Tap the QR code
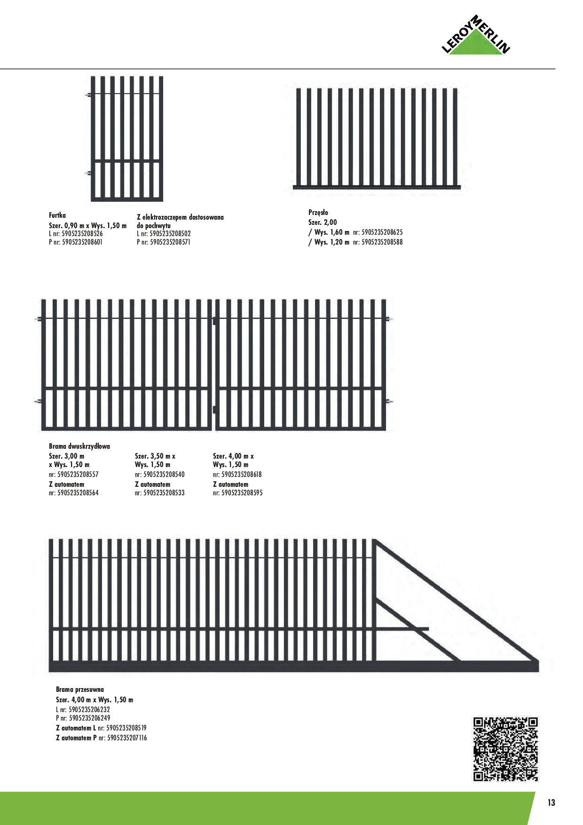click(x=505, y=749)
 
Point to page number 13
click(x=551, y=802)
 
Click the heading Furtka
click(x=57, y=215)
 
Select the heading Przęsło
click(x=318, y=213)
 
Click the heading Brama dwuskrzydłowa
click(x=79, y=446)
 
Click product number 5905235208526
click(x=82, y=234)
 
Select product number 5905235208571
click(x=170, y=242)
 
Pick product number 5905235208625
click(x=382, y=232)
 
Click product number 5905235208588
click(x=382, y=242)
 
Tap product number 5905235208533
click(x=164, y=493)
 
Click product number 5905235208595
click(x=242, y=493)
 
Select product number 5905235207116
click(x=127, y=738)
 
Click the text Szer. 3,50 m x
click(x=155, y=456)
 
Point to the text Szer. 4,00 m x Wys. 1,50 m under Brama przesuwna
click(x=95, y=700)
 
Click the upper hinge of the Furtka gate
click(x=88, y=95)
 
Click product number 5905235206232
click(x=89, y=709)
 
